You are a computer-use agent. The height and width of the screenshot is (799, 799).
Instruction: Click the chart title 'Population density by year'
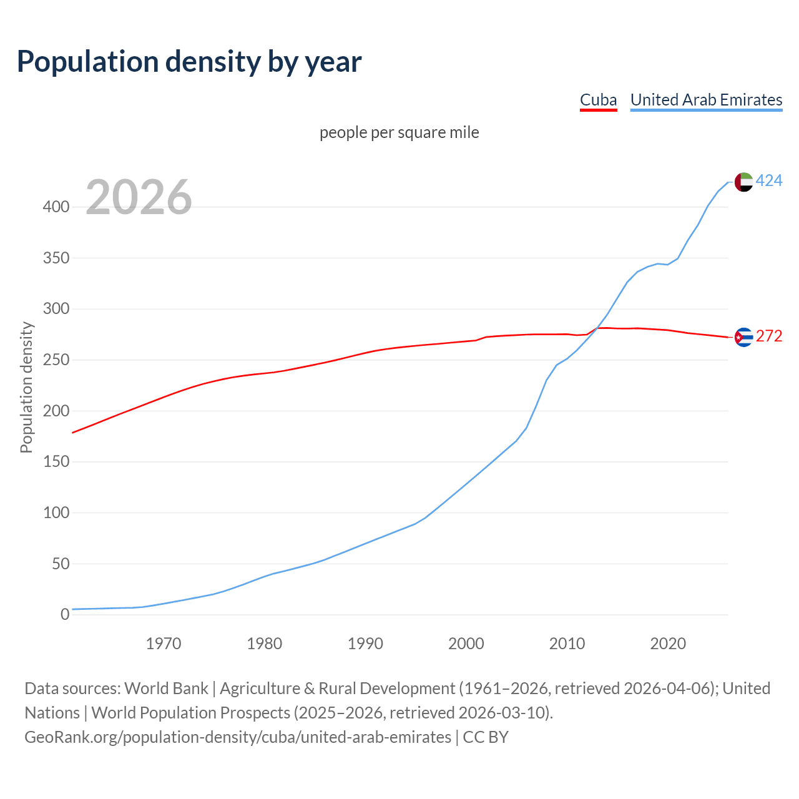pyautogui.click(x=189, y=61)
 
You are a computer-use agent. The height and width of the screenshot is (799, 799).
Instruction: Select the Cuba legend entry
pyautogui.click(x=598, y=100)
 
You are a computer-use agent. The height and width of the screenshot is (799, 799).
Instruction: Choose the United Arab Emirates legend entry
pyautogui.click(x=706, y=100)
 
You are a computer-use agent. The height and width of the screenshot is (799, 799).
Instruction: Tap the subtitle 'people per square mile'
pyautogui.click(x=399, y=132)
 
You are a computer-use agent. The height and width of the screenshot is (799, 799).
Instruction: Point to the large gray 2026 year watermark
pyautogui.click(x=139, y=197)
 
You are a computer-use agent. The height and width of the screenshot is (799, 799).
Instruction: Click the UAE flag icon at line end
pyautogui.click(x=743, y=182)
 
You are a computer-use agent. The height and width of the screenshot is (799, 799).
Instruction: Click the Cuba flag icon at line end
pyautogui.click(x=743, y=337)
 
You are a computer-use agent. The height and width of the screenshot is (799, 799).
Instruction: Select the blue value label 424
pyautogui.click(x=769, y=181)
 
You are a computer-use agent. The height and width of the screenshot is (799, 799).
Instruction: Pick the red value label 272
pyautogui.click(x=769, y=336)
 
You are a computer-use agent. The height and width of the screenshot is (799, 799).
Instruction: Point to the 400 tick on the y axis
pyautogui.click(x=56, y=207)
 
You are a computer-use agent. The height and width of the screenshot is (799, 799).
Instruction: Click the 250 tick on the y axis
pyautogui.click(x=56, y=360)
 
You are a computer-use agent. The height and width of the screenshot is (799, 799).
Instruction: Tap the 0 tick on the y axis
pyautogui.click(x=65, y=615)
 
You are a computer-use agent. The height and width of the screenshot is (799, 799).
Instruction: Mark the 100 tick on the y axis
pyautogui.click(x=56, y=513)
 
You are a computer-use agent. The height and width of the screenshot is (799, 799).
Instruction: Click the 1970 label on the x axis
pyautogui.click(x=164, y=644)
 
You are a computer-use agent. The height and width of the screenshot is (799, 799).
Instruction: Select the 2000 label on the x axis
pyautogui.click(x=466, y=644)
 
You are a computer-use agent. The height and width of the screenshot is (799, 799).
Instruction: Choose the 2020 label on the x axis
pyautogui.click(x=668, y=644)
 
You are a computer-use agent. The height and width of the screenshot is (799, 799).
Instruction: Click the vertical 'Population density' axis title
pyautogui.click(x=26, y=387)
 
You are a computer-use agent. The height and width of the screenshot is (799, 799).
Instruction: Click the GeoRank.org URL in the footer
pyautogui.click(x=237, y=737)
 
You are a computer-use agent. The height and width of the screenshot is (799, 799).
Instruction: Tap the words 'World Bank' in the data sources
pyautogui.click(x=166, y=689)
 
